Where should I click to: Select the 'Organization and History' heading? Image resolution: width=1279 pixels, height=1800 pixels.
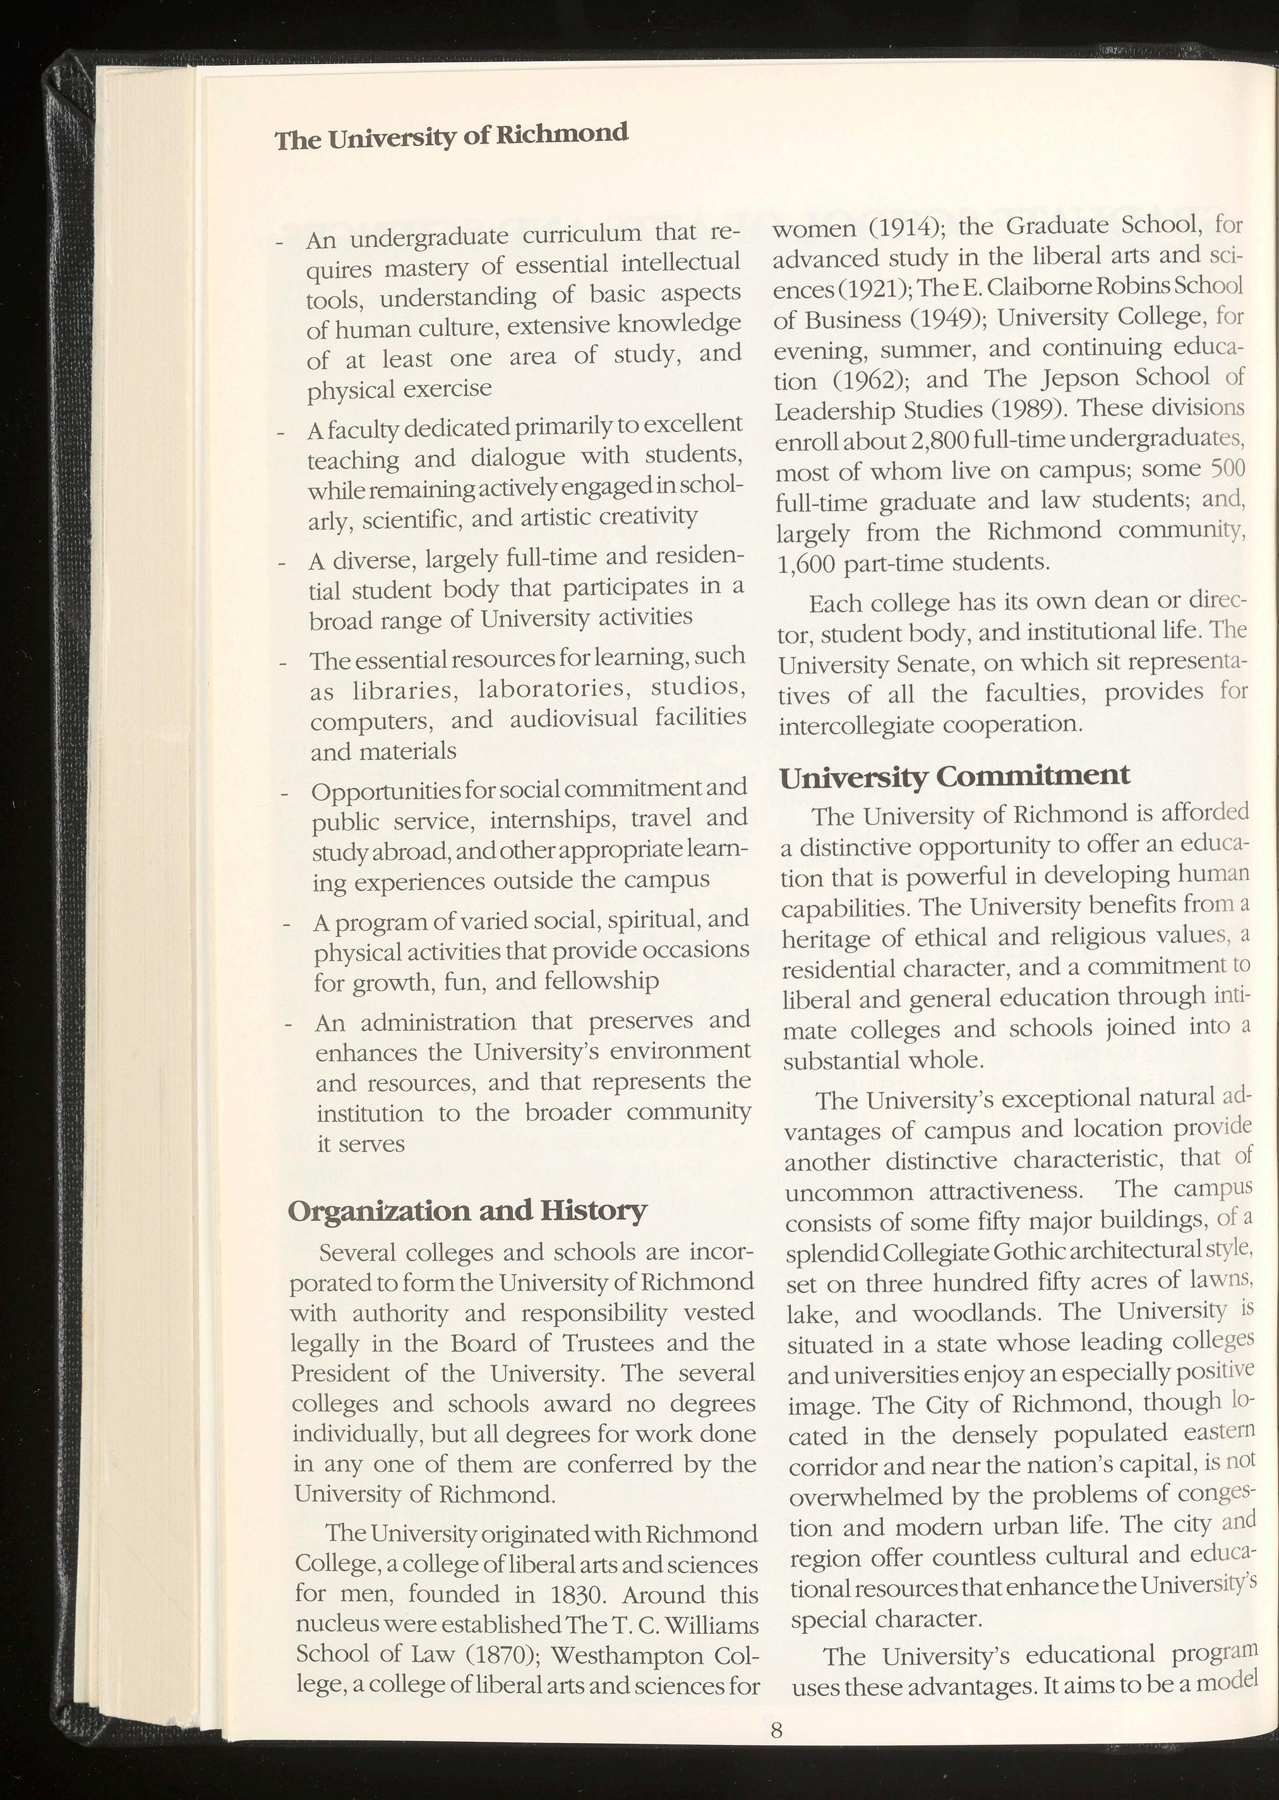pyautogui.click(x=468, y=1210)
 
